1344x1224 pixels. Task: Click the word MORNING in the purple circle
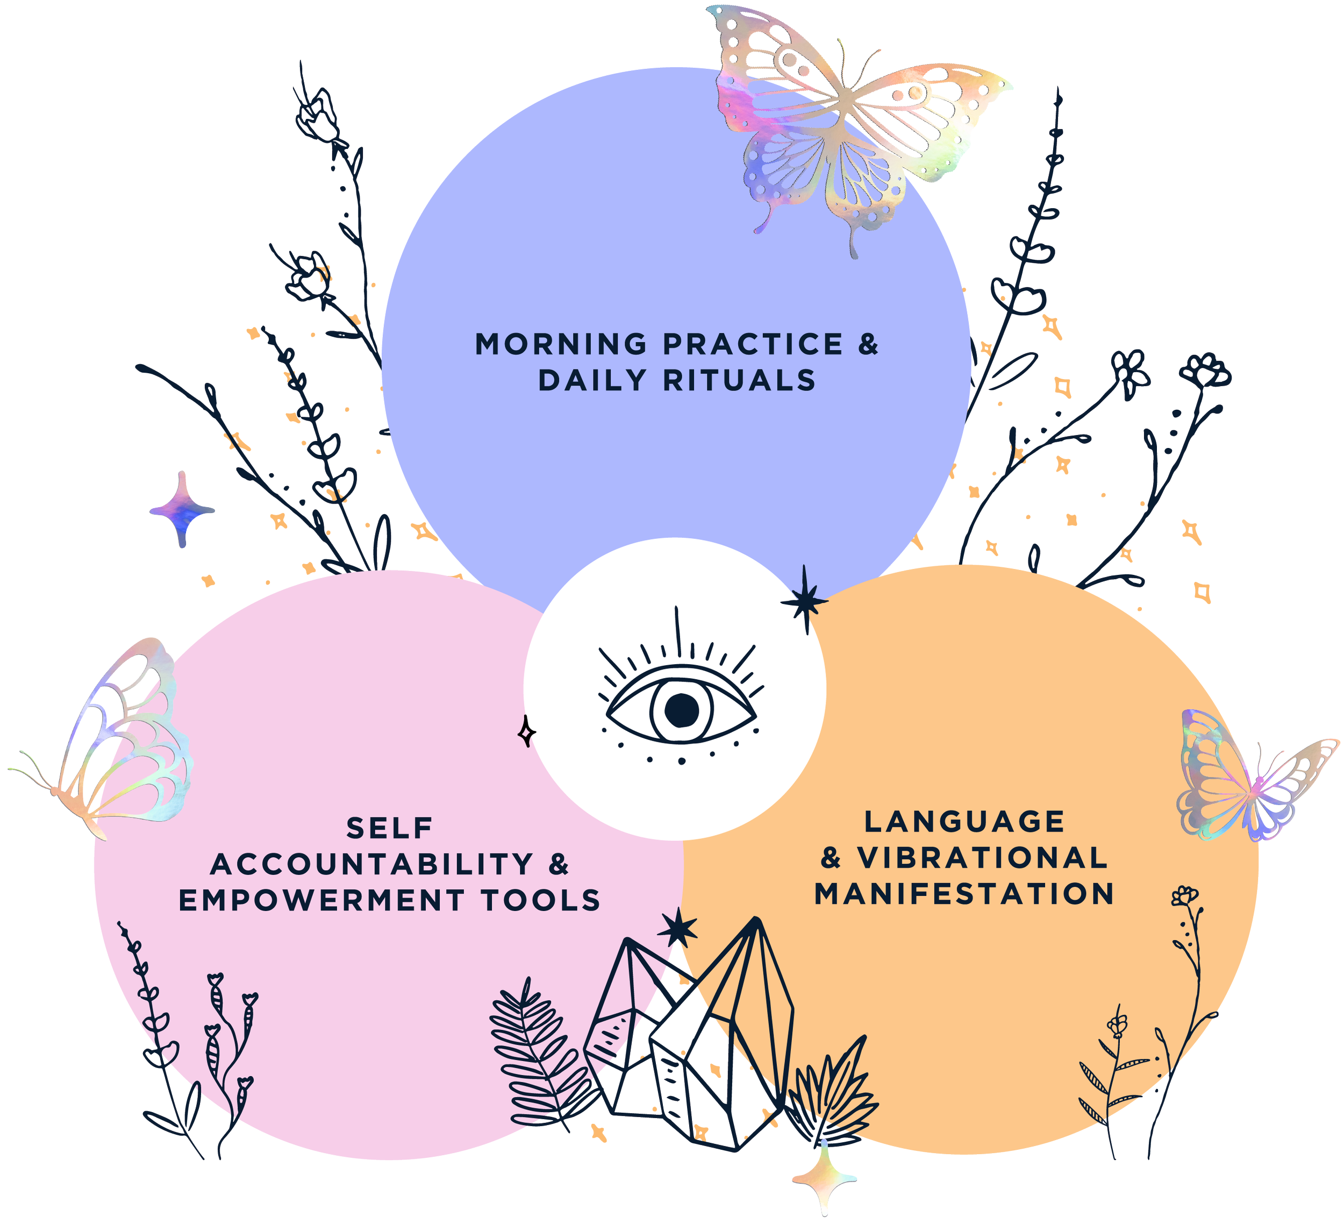561,344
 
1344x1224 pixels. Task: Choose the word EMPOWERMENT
321,901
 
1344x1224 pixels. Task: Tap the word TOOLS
541,901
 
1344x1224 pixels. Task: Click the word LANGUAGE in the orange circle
964,822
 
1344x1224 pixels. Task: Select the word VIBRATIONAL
983,858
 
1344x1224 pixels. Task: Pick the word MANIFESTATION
964,894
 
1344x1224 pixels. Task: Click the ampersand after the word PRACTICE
867,344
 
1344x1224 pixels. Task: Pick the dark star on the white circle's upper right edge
805,600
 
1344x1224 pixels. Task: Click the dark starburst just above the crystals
678,929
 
